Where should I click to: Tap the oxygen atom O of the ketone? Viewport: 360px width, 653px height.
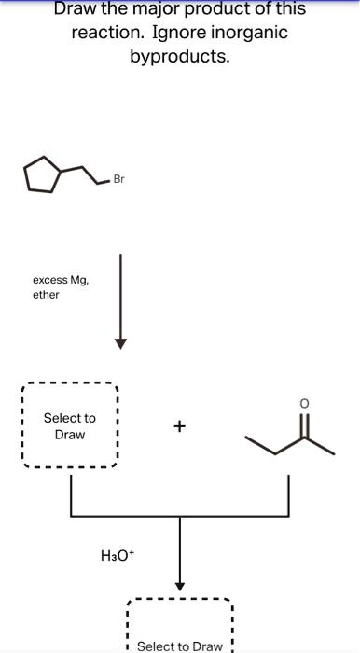tap(304, 402)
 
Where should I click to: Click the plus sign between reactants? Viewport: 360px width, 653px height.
tap(179, 427)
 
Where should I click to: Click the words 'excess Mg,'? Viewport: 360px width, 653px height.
tap(61, 280)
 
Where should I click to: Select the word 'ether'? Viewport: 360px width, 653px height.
tap(46, 295)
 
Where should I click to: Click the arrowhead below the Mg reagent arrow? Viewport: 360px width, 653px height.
tap(120, 342)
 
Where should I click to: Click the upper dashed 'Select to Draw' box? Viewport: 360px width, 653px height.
tap(70, 426)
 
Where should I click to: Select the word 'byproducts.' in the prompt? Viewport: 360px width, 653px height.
tap(180, 56)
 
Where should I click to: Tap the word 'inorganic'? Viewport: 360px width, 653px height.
tap(250, 33)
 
